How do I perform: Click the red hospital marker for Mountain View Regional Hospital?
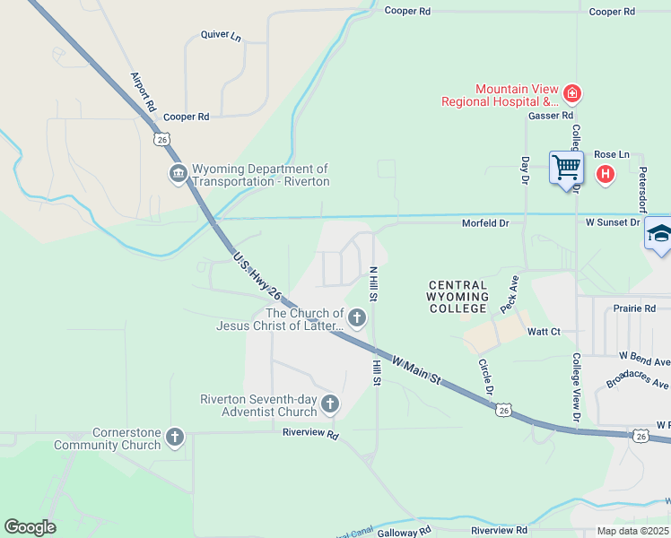(x=571, y=93)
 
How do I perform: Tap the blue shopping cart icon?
(x=566, y=167)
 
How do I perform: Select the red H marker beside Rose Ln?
(x=606, y=174)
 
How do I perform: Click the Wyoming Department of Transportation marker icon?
(x=177, y=174)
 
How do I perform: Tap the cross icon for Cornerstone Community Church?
(x=174, y=438)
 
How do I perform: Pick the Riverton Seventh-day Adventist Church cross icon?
(x=329, y=404)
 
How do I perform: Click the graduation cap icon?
(x=659, y=235)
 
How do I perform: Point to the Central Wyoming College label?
(x=457, y=296)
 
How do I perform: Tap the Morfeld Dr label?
(x=485, y=222)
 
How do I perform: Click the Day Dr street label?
(x=526, y=170)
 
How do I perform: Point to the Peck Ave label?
(x=509, y=293)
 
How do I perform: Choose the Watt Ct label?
(x=544, y=332)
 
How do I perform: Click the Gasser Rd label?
(x=550, y=116)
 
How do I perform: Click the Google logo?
(x=30, y=527)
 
